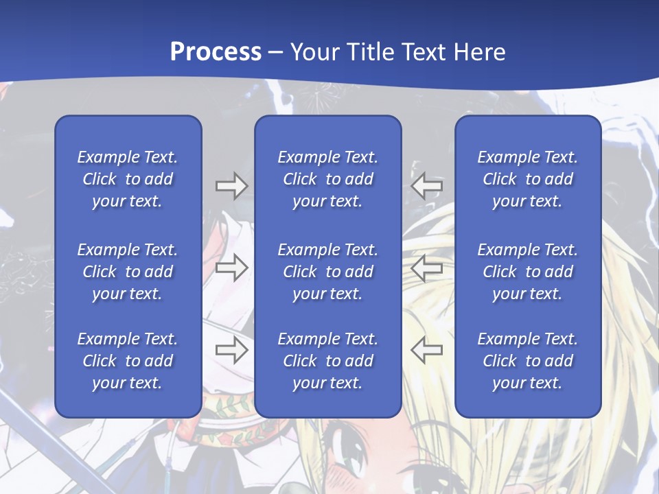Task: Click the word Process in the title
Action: pyautogui.click(x=216, y=52)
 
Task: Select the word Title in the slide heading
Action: pyautogui.click(x=373, y=52)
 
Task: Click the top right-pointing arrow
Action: pyautogui.click(x=231, y=186)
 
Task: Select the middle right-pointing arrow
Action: pyautogui.click(x=231, y=268)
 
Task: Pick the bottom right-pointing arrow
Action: pyautogui.click(x=231, y=350)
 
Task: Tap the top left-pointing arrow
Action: pyautogui.click(x=427, y=186)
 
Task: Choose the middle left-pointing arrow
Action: pyautogui.click(x=427, y=268)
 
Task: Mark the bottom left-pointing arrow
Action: pyautogui.click(x=427, y=350)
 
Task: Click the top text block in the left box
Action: pyautogui.click(x=128, y=179)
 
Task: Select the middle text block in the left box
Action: pyautogui.click(x=128, y=272)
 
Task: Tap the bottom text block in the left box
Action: pyautogui.click(x=128, y=361)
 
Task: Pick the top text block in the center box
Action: pyautogui.click(x=327, y=179)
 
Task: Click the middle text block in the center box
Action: pyautogui.click(x=327, y=272)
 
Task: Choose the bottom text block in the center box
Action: pyautogui.click(x=327, y=361)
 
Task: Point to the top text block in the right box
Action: pyautogui.click(x=528, y=179)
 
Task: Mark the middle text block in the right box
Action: pyautogui.click(x=528, y=272)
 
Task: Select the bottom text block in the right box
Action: pyautogui.click(x=528, y=361)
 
